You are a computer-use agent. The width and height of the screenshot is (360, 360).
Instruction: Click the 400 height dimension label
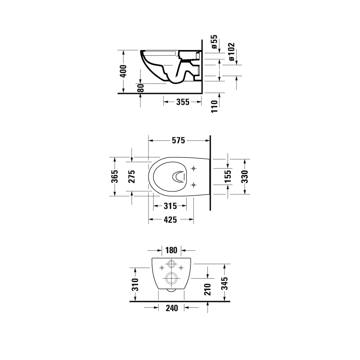(x=123, y=71)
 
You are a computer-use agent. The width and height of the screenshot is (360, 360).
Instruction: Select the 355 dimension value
(x=182, y=102)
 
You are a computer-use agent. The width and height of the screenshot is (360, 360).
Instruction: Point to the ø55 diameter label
(x=214, y=42)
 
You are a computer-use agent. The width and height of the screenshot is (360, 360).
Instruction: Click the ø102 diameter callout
(x=232, y=52)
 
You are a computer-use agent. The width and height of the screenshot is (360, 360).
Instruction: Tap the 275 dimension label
(x=132, y=176)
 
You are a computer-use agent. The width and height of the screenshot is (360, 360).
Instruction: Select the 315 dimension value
(x=170, y=206)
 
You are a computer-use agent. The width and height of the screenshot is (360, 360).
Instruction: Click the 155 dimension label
(x=228, y=176)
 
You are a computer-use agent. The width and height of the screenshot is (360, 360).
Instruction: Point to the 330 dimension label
(x=245, y=176)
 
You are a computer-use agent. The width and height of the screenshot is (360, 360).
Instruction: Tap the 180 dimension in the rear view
(x=171, y=250)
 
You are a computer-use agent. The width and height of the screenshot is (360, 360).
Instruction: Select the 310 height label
(x=136, y=285)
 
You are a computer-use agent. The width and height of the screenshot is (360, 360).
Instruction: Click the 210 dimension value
(x=208, y=289)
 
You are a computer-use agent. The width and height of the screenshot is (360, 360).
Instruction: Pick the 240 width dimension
(x=172, y=308)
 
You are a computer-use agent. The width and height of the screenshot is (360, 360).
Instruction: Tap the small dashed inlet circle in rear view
(x=171, y=264)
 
